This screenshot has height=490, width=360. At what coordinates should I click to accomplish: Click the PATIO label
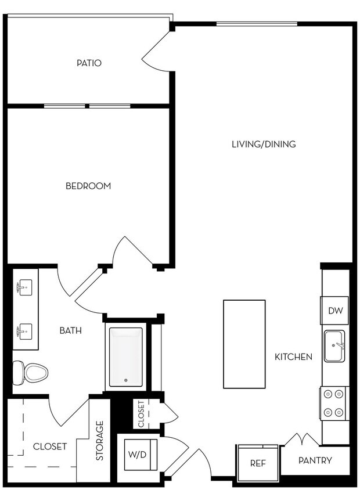(x=89, y=63)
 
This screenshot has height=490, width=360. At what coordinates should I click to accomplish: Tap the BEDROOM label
(x=88, y=186)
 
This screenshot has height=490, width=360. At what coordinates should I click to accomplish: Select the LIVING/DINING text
(x=264, y=144)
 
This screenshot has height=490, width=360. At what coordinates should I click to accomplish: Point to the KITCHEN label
(x=293, y=357)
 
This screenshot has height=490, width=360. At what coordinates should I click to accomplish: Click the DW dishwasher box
(x=336, y=311)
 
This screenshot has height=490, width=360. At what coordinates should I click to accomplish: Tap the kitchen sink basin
(x=335, y=346)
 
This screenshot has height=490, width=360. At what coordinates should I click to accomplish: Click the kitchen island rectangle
(x=244, y=344)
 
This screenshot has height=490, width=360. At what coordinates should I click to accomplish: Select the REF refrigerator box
(x=257, y=463)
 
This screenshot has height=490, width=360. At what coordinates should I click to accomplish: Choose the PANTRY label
(x=315, y=460)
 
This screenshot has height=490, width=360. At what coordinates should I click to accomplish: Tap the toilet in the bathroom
(x=30, y=372)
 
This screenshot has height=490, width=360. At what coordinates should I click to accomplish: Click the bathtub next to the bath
(x=125, y=357)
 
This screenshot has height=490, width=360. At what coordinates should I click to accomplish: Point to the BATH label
(x=70, y=331)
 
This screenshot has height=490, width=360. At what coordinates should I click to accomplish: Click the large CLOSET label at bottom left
(x=49, y=446)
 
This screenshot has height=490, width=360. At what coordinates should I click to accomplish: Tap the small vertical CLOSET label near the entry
(x=141, y=414)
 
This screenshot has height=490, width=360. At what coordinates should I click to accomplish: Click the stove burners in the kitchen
(x=334, y=403)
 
